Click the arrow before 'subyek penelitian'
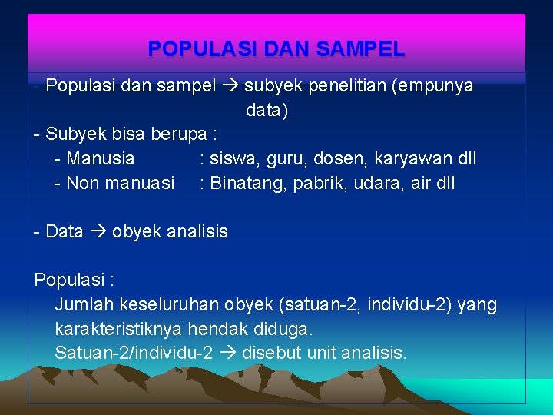[x=230, y=86]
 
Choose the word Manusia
[x=100, y=159]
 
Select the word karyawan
[x=406, y=159]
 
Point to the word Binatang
[x=247, y=184]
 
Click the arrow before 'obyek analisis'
[x=98, y=231]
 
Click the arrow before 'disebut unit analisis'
[x=227, y=354]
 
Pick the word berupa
[x=179, y=134]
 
